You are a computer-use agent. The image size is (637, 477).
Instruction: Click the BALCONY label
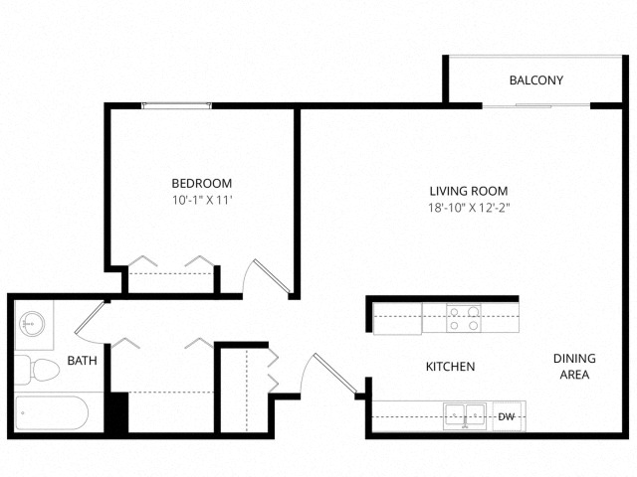535,80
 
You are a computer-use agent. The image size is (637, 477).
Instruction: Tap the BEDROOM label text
201,183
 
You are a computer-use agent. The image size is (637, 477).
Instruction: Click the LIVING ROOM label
469,191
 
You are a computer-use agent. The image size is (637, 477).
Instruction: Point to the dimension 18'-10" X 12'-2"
469,208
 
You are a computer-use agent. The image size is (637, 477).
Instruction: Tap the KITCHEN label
450,367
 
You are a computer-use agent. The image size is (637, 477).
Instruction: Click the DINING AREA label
574,367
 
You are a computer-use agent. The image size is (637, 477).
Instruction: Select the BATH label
82,360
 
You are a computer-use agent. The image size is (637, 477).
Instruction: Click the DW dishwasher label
507,416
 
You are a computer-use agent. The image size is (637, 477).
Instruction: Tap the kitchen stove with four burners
464,318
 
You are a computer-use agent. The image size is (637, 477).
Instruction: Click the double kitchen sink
465,416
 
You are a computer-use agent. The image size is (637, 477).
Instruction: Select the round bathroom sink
31,324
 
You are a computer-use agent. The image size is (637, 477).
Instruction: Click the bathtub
52,413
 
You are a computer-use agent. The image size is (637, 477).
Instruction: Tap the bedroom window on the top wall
177,106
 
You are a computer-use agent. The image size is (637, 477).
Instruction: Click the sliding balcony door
536,106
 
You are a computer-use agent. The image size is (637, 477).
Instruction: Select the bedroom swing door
272,276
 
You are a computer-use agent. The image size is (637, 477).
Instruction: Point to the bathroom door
90,318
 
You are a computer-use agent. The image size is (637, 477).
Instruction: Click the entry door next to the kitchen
335,374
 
